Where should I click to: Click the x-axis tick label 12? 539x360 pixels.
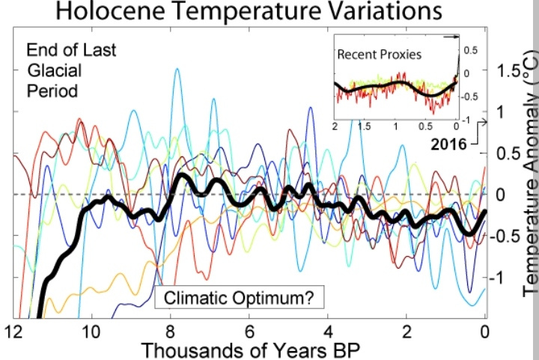click(x=13, y=330)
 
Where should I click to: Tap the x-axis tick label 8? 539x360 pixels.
click(x=170, y=330)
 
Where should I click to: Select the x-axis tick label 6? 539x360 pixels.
click(x=249, y=330)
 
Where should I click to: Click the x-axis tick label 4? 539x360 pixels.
click(x=328, y=330)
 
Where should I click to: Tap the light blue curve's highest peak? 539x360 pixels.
click(x=177, y=69)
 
